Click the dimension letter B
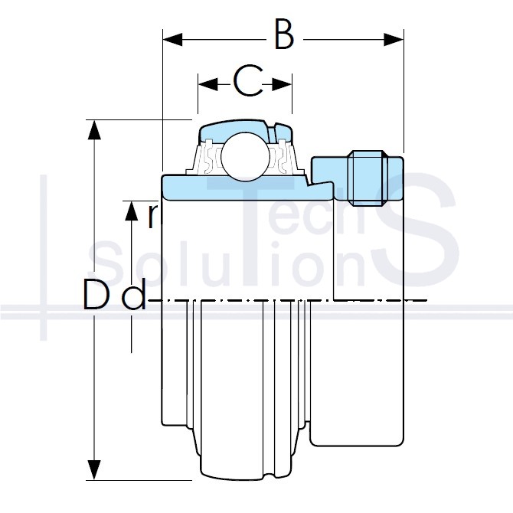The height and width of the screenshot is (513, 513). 284,34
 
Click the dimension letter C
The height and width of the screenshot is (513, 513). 248,80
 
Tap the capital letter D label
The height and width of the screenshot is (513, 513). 95,294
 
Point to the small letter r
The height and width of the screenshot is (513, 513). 153,216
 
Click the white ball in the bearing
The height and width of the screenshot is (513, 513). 245,156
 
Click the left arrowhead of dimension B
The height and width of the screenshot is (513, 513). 172,40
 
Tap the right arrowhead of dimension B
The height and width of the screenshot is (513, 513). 394,40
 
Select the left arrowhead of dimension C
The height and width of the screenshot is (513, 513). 207,84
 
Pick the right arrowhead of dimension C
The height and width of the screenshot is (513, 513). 282,84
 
